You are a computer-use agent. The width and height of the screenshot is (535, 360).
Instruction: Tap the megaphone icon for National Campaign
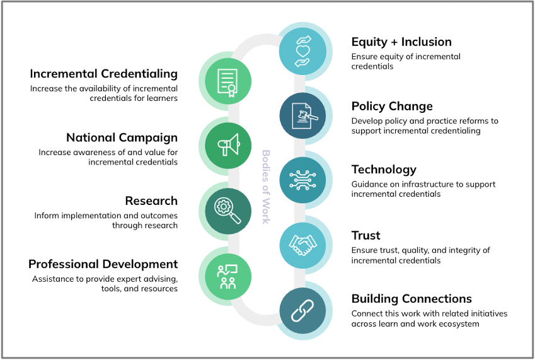229,144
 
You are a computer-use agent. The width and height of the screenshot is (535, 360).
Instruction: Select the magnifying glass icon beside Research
227,211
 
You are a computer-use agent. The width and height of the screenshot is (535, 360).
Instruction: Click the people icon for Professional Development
227,277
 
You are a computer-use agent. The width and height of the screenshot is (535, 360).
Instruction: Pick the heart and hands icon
302,51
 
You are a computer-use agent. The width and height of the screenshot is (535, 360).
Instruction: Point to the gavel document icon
304,116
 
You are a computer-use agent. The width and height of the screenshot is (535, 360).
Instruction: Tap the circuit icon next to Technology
302,180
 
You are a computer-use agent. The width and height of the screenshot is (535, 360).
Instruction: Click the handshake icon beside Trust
302,245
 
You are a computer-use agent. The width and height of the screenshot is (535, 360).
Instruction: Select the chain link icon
302,311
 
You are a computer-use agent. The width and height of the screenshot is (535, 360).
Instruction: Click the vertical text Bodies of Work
266,187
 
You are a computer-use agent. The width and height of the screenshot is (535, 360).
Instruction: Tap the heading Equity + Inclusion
401,42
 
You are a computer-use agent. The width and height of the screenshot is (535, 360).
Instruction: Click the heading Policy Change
392,107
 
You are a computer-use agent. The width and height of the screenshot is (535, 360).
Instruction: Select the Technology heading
384,170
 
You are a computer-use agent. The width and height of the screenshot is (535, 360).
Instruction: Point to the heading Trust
365,235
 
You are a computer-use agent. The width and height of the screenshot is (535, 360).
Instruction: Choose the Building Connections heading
411,299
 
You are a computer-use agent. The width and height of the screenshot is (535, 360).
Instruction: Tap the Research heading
151,201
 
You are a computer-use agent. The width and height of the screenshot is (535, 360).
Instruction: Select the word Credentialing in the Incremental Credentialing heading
139,74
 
